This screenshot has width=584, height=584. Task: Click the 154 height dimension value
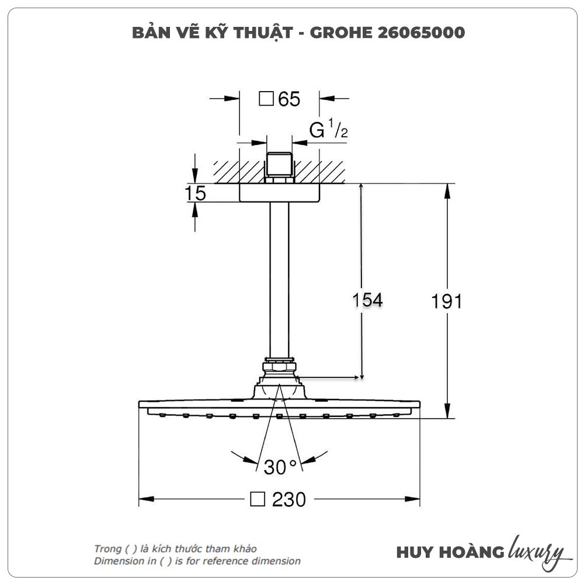(x=367, y=300)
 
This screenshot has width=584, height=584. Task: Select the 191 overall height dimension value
(x=447, y=301)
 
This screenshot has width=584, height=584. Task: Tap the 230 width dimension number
(x=288, y=499)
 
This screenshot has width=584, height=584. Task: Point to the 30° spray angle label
(x=280, y=467)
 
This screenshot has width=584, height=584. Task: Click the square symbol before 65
(x=266, y=99)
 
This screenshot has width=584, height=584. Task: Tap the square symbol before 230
(x=258, y=499)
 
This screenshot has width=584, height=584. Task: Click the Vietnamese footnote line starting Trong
(x=175, y=548)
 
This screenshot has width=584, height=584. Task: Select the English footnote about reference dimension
(x=197, y=561)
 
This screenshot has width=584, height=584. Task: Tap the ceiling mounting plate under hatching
(x=279, y=193)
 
